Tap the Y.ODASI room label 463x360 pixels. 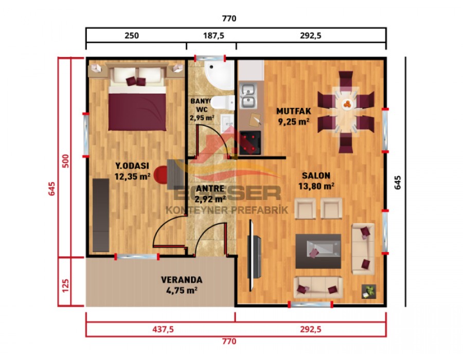132,171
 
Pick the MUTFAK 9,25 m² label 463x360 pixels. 293,116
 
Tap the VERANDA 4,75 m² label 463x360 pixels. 182,285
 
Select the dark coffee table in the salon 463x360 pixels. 318,251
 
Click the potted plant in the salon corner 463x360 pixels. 368,291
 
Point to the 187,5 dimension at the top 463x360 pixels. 211,36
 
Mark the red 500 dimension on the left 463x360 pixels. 65,160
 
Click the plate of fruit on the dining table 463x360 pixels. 347,104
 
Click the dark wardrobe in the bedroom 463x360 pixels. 101,214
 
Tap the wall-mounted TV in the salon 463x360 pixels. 254,249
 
